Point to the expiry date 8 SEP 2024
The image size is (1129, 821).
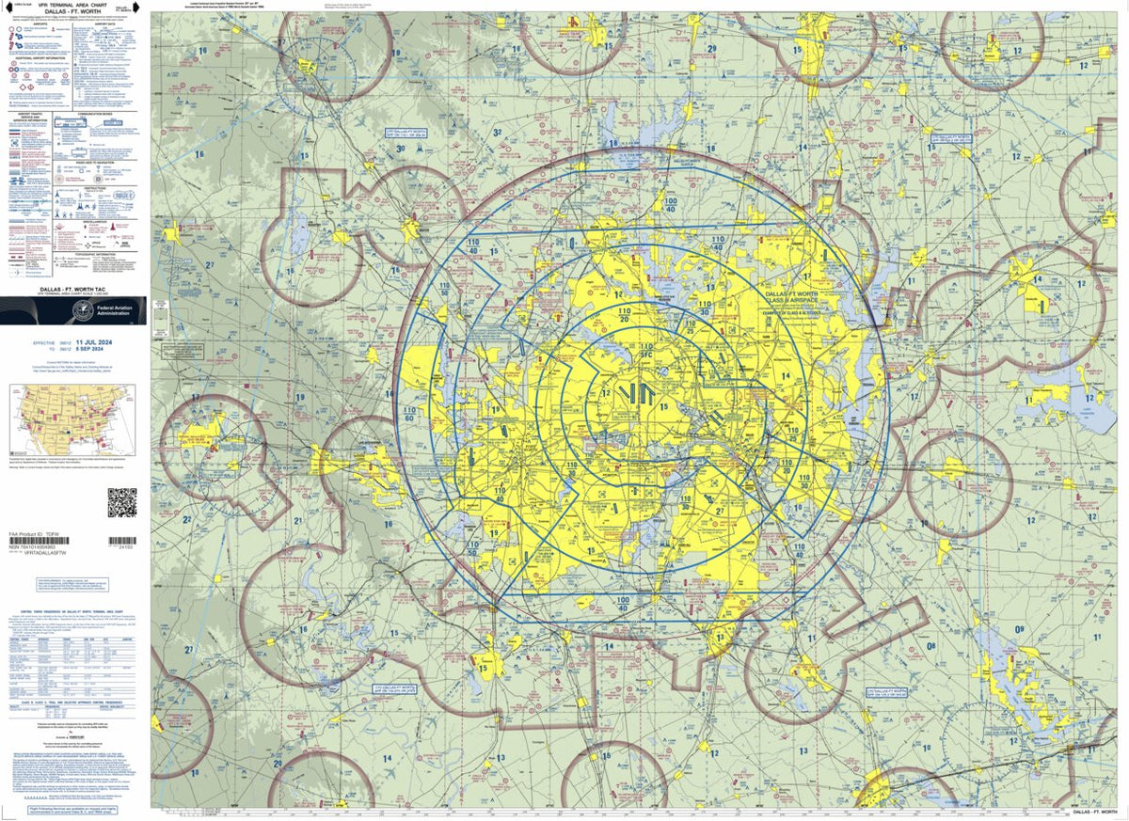click(x=97, y=350)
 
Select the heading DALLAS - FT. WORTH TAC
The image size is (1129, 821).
click(x=73, y=290)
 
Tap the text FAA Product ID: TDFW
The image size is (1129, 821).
click(x=34, y=534)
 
